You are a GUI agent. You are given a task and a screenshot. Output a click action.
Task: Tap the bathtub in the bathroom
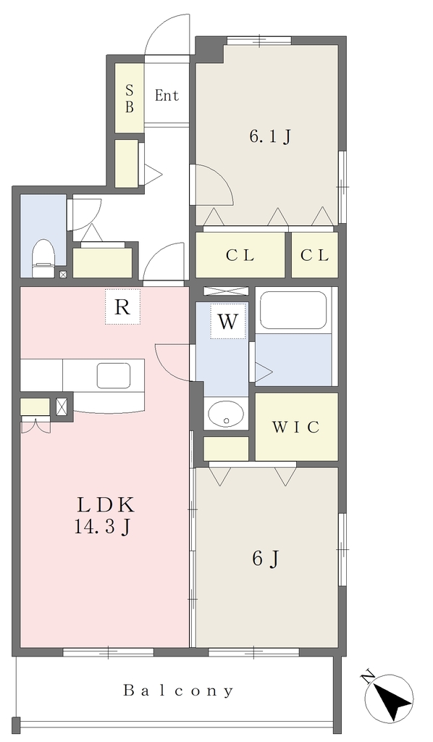[294, 310]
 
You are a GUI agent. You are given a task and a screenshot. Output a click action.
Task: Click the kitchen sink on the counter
[114, 376]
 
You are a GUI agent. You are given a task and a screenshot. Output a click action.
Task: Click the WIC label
[296, 427]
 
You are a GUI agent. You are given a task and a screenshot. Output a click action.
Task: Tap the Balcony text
[178, 691]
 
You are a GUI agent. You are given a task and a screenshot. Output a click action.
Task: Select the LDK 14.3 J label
[106, 515]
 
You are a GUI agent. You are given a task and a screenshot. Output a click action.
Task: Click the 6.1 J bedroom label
[269, 137]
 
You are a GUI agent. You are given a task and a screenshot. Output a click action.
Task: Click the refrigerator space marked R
[122, 307]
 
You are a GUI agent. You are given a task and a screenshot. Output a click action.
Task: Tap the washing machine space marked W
[228, 321]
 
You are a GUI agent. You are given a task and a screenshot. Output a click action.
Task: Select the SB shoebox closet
[130, 98]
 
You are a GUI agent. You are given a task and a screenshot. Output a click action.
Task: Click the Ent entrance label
[167, 96]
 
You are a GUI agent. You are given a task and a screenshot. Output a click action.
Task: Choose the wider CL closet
[240, 255]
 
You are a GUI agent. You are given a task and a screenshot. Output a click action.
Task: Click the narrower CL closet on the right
[315, 255]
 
